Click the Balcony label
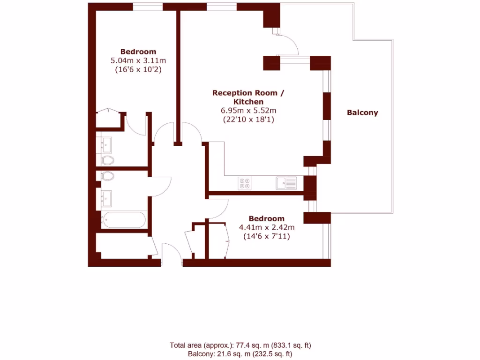362,112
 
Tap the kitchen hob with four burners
245,183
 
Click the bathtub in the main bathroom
124,220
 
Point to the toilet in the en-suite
107,161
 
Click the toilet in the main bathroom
107,177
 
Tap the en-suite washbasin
106,144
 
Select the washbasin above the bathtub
106,199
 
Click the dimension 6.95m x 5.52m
248,111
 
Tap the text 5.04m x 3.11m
138,60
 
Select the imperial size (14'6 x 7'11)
266,236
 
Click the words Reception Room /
248,93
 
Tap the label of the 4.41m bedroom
266,218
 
